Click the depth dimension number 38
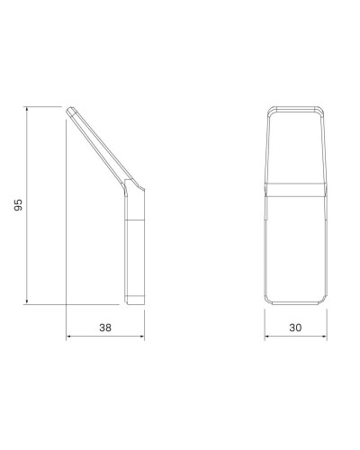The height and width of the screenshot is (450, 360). coord(106,329)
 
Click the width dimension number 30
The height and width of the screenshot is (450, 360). coord(295,329)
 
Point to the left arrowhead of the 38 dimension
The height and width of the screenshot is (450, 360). coord(70,338)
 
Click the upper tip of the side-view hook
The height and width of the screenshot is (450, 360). coord(70,110)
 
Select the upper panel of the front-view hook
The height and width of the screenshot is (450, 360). coord(295,144)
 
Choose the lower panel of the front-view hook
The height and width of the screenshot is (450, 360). coord(295,247)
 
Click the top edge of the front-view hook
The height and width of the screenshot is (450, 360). coord(295,108)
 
